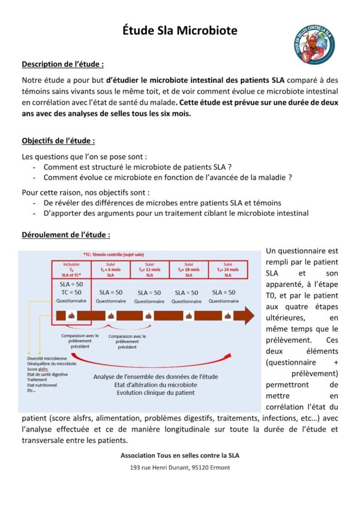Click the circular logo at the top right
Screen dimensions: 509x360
[x=314, y=44]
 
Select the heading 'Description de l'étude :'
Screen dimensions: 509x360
[x=62, y=64]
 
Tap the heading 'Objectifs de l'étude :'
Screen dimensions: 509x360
[x=58, y=141]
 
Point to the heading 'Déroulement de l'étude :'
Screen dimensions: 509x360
[x=65, y=235]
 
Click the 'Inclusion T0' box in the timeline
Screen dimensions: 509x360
[x=71, y=269]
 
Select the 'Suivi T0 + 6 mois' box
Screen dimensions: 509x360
[x=110, y=269]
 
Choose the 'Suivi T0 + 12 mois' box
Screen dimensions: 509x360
[x=149, y=269]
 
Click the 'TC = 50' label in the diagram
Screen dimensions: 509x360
[x=71, y=292]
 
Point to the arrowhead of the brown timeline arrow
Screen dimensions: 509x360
[x=248, y=315]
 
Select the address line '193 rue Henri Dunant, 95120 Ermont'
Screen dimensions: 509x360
[x=179, y=467]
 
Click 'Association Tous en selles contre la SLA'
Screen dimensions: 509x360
[x=179, y=455]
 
